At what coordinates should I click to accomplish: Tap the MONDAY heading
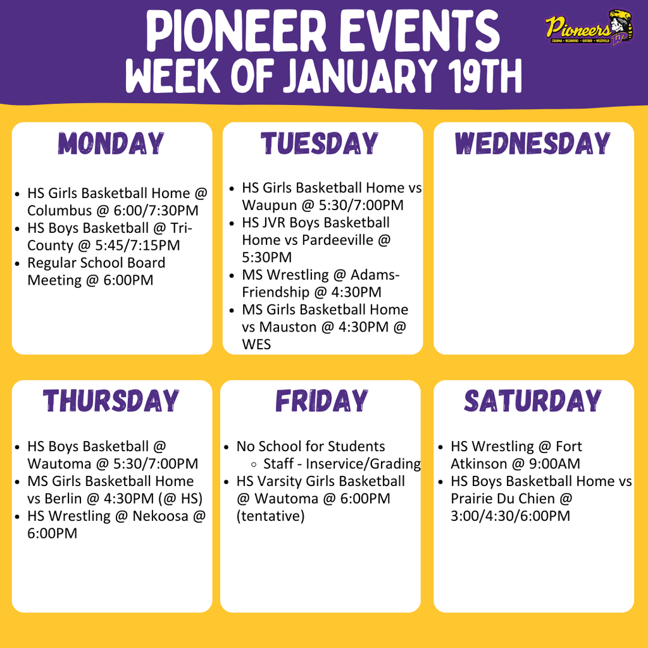click(x=112, y=144)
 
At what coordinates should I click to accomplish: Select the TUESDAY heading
click(x=320, y=144)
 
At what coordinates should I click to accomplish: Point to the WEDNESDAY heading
click(x=533, y=144)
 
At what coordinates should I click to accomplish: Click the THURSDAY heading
click(x=111, y=401)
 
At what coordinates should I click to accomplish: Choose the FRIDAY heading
click(x=321, y=401)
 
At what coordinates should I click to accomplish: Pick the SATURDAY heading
click(x=533, y=401)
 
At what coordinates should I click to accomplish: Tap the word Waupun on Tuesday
click(x=267, y=205)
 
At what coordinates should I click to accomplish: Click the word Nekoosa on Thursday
click(x=160, y=516)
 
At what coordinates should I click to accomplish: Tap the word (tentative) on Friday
click(x=270, y=516)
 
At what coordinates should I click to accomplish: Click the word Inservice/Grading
click(x=363, y=464)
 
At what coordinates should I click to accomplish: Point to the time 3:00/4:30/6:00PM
click(x=510, y=516)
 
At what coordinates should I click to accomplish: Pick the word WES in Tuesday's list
click(x=256, y=344)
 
